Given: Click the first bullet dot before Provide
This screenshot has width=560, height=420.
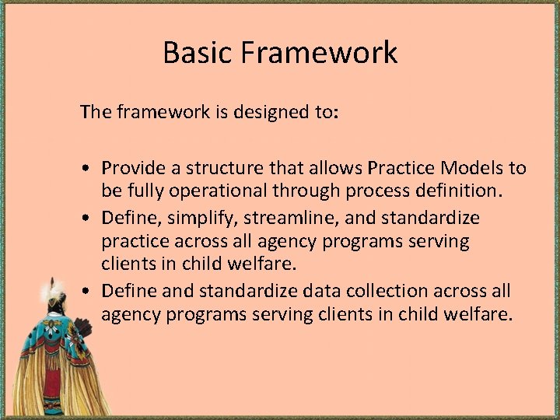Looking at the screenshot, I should [91, 169].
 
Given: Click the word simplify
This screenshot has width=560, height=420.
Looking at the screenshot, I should [196, 218].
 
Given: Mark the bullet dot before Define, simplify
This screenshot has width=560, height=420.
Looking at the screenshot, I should [91, 219].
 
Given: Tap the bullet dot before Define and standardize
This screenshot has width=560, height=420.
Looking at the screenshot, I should [91, 292].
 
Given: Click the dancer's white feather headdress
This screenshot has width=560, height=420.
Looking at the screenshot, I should [53, 292].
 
